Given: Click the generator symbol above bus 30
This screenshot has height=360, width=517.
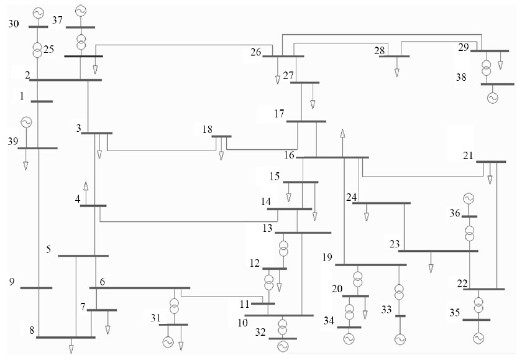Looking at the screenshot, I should coord(38,12).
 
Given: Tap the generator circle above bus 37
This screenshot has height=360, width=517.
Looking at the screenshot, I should coord(80,11).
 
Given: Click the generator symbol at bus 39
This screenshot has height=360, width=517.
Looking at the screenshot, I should coord(26,122).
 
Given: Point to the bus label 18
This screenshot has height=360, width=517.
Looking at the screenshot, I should coord(208,129).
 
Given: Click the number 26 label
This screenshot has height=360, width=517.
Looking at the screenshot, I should coord(255,52).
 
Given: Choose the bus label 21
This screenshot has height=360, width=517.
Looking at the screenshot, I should coord(469,155).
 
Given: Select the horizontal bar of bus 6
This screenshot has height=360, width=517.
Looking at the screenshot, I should coord(140,288).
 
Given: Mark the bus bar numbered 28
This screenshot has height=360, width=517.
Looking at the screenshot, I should coord(394,56).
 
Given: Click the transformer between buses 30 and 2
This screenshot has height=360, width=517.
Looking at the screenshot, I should coord(38,49).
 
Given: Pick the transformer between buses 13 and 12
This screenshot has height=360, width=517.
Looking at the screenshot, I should coord(283,248).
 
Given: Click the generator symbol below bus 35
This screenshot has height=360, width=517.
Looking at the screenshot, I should coord(478,338).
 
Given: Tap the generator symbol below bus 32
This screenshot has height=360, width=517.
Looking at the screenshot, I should coord(283,346).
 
